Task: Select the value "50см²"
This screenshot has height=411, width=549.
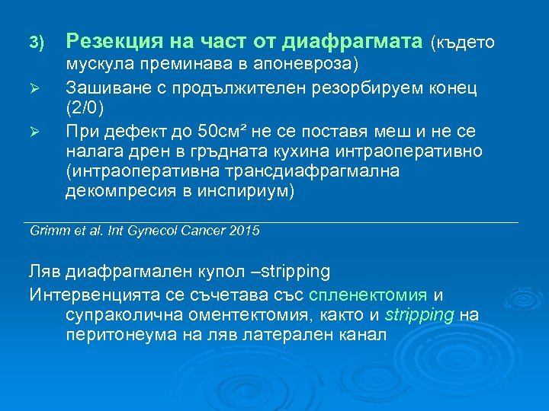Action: coord(214,129)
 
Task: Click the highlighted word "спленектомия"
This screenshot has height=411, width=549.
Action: coord(369,294)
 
